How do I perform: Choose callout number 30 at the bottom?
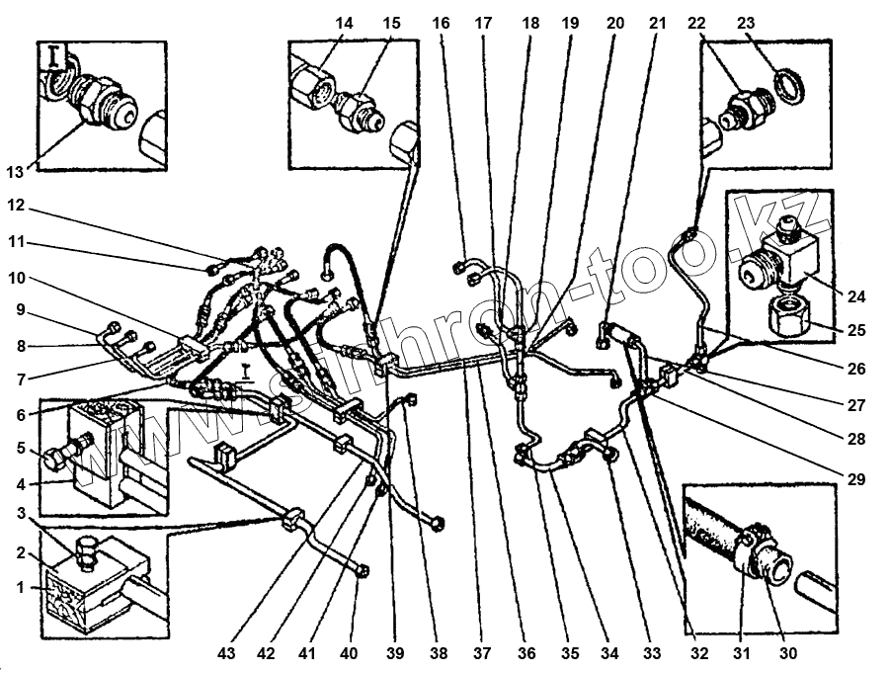(786, 653)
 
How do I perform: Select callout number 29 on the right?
(855, 479)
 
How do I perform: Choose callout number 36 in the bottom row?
(526, 653)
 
